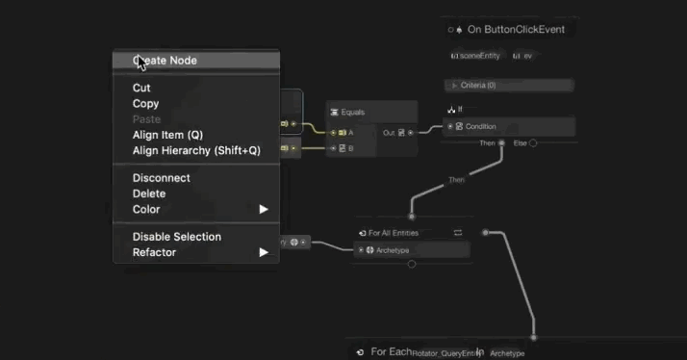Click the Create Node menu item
click(x=165, y=61)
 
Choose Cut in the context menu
click(x=141, y=88)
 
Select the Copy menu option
click(x=145, y=104)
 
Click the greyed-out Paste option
click(x=146, y=119)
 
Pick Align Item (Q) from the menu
click(x=167, y=135)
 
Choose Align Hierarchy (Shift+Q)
click(x=196, y=150)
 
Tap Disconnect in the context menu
click(x=161, y=178)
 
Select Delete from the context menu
click(x=149, y=193)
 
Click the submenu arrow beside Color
click(x=264, y=209)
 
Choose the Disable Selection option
click(x=176, y=237)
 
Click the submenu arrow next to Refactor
click(x=264, y=252)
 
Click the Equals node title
click(x=352, y=113)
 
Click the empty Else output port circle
click(x=533, y=143)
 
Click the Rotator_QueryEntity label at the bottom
click(x=444, y=353)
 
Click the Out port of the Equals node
click(x=411, y=132)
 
